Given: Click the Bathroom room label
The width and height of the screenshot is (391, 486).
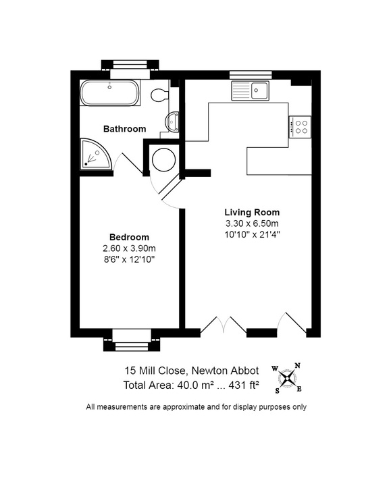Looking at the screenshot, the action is (125, 129).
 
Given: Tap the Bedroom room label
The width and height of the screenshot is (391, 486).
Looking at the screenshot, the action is (129, 237).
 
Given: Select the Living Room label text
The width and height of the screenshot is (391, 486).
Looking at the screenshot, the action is (252, 213).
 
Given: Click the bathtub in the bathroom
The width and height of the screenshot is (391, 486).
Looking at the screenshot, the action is (109, 92).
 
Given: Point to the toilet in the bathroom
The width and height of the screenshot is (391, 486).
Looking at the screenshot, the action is (159, 94).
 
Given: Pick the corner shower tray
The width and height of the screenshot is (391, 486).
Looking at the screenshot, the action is (95, 154).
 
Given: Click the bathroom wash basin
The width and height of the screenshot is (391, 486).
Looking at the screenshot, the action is (172, 122).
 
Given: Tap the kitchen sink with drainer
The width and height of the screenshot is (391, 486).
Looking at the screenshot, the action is (250, 90).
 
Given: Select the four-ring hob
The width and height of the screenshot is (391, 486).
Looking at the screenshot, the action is (300, 127).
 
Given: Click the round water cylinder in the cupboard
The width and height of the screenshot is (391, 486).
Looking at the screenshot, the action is (164, 160).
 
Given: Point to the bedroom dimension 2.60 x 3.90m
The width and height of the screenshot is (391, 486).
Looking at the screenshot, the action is (129, 248).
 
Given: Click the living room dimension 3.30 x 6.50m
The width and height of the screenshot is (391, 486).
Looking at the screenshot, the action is (252, 223).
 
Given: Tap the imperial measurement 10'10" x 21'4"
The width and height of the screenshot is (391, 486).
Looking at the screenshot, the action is (252, 235).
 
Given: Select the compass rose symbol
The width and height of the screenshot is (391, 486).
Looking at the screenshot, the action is (288, 379).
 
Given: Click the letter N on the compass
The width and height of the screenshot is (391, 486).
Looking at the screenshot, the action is (297, 365).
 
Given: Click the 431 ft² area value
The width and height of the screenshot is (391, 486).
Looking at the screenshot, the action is (244, 385).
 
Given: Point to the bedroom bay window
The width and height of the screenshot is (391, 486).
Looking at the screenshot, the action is (132, 340).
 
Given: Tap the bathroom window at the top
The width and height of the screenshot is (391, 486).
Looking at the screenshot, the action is (130, 70).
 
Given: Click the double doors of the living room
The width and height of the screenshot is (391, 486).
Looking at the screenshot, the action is (224, 325).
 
